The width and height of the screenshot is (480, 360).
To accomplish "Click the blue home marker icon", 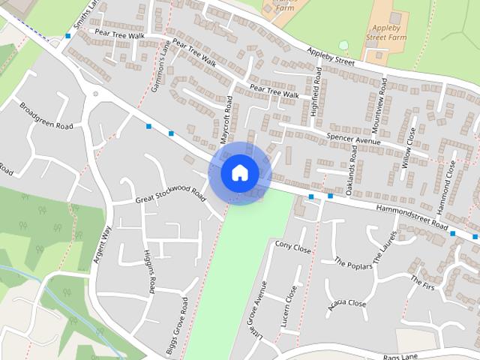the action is pyautogui.click(x=239, y=172).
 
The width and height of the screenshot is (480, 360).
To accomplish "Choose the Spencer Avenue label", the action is pyautogui.click(x=355, y=139).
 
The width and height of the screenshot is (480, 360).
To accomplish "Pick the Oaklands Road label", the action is pyautogui.click(x=353, y=173).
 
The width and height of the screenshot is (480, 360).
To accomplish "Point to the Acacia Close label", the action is pyautogui.click(x=346, y=303).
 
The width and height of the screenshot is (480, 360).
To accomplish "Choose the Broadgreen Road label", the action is pyautogui.click(x=46, y=115).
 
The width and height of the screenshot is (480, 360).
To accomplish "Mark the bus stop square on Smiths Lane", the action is pyautogui.click(x=68, y=35).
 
